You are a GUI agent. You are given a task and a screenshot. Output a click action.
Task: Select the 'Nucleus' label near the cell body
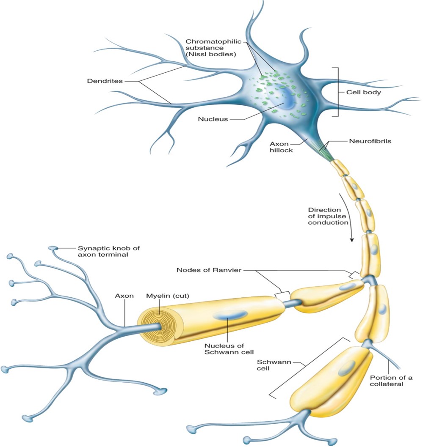[x=213, y=119]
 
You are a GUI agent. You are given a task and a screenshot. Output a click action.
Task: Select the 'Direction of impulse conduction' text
[x=326, y=216]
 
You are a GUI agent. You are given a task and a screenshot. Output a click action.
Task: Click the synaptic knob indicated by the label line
[x=53, y=249]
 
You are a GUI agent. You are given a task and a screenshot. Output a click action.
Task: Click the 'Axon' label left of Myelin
[x=124, y=296]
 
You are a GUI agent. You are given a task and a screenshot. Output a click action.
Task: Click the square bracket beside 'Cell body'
[x=337, y=92]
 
